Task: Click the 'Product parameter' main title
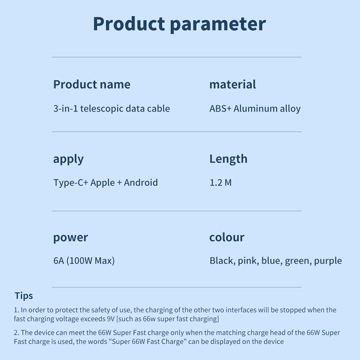(179, 24)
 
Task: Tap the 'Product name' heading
(92, 84)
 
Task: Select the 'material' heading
(233, 84)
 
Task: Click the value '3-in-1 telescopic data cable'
(112, 108)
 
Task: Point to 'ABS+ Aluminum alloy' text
(255, 108)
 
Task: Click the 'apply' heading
(68, 159)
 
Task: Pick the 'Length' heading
(229, 159)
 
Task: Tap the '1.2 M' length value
(220, 183)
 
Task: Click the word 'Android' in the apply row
(141, 183)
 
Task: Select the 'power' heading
(71, 238)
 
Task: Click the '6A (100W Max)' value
(84, 261)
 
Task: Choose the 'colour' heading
(227, 237)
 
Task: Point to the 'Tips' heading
(24, 296)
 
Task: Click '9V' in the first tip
(111, 319)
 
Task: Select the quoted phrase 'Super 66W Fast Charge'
(148, 342)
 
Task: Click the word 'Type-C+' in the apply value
(71, 183)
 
